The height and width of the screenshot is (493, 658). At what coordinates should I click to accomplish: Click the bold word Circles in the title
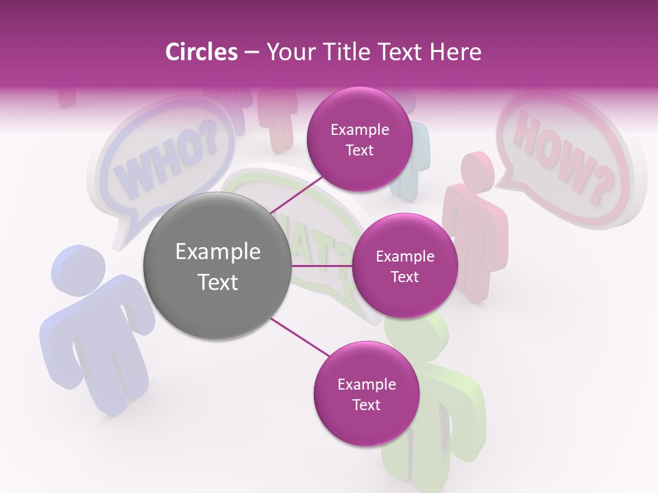201,52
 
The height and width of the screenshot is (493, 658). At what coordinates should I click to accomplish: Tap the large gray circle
217,266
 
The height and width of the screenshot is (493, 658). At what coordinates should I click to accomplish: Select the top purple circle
359,139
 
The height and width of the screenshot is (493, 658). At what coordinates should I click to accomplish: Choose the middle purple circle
404,266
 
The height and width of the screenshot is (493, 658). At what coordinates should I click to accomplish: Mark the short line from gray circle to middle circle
322,266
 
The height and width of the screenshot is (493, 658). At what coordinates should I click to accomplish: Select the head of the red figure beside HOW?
477,171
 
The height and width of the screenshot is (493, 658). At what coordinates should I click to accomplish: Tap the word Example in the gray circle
217,252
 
